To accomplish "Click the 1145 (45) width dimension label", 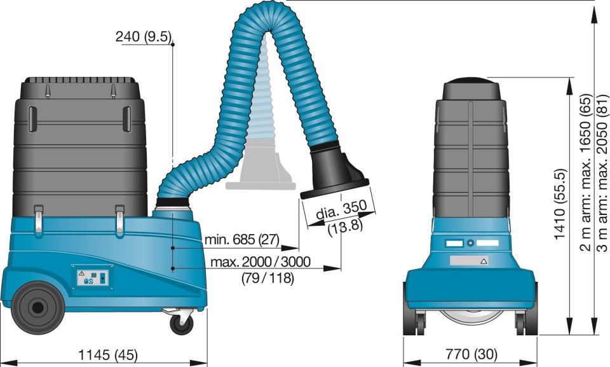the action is pos(108,355).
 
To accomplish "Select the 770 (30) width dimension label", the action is pos(471,354).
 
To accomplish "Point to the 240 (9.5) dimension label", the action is pos(144,36).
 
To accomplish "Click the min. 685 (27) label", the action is pos(242,240).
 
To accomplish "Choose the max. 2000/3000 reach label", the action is pos(261,261).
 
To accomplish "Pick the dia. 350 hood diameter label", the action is pos(341,211).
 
